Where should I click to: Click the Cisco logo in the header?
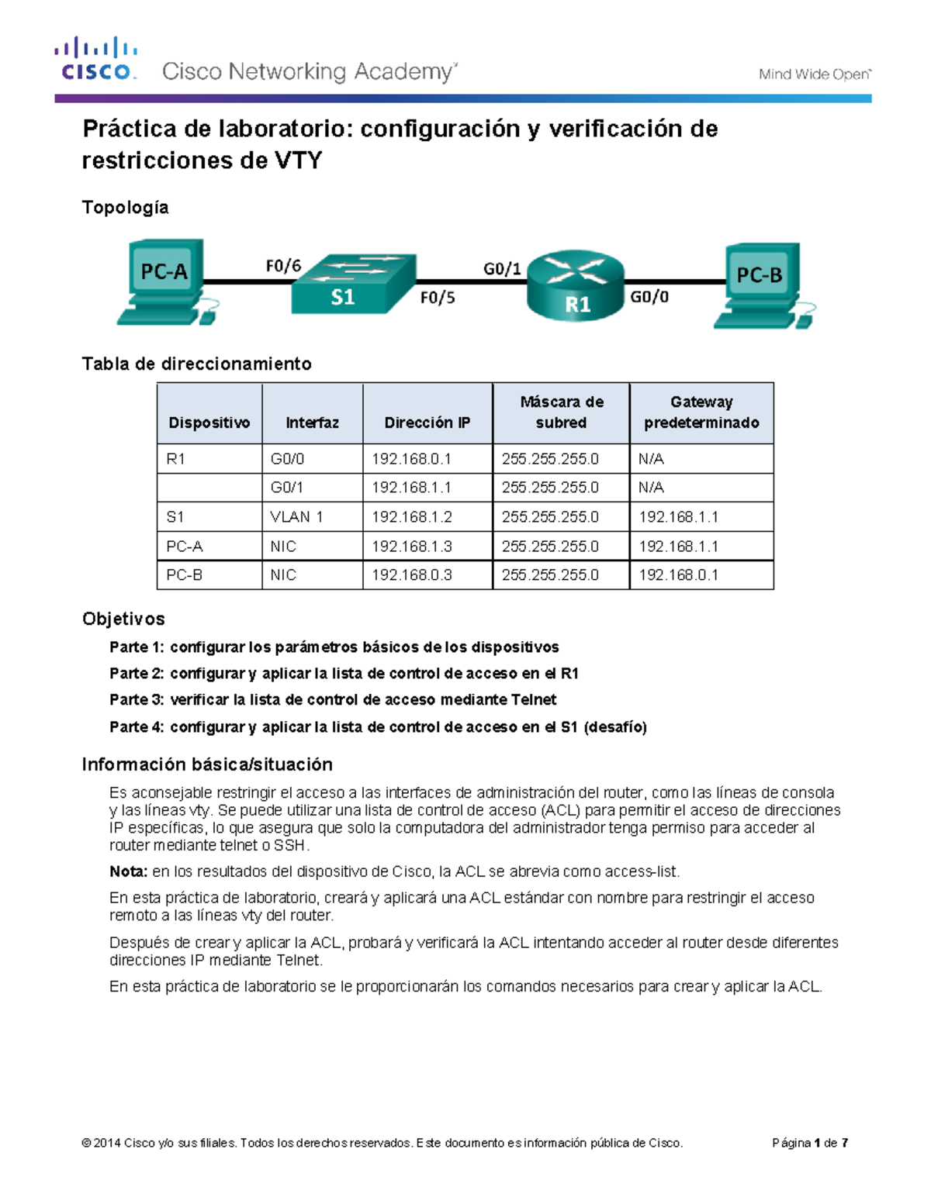coord(95,59)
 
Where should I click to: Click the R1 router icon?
coord(576,285)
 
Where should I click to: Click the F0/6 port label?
coord(283,266)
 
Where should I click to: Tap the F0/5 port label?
coord(438,298)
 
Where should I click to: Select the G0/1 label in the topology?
coord(502,268)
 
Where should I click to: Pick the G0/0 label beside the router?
coord(649,297)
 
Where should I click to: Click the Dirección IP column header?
coord(427,423)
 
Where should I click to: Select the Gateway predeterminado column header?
coord(701,412)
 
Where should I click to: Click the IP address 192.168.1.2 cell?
coord(411,517)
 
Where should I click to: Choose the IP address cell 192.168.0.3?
coord(411,575)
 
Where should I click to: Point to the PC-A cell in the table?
coord(185,547)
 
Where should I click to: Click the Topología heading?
coord(125,208)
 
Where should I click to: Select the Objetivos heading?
coord(123,619)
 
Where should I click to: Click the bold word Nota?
coord(128,871)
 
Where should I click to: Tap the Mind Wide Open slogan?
coord(815,74)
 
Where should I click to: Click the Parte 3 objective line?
coord(333,700)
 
